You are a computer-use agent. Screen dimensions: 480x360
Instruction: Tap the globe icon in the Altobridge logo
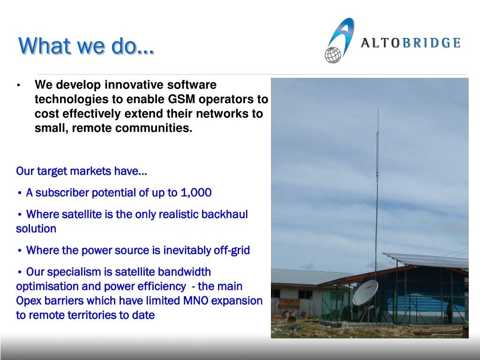(333, 55)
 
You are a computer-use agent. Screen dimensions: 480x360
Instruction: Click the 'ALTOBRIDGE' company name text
(411, 43)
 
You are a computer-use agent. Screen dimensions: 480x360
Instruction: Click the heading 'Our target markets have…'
(82, 171)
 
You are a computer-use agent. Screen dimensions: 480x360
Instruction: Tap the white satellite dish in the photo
(365, 292)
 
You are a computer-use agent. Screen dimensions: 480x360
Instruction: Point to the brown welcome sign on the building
(289, 304)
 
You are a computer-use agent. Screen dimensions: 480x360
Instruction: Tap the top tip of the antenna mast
(378, 108)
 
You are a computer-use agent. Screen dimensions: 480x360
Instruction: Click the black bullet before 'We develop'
(19, 85)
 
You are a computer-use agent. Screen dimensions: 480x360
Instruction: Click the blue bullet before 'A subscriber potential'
(20, 193)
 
